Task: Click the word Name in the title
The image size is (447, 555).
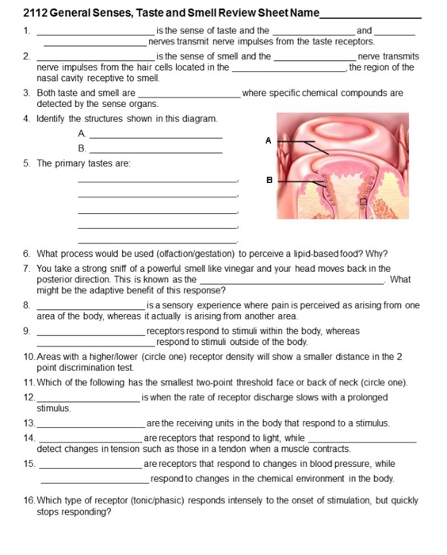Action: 304,13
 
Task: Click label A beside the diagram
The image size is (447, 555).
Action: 268,140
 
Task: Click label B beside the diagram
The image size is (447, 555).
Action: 268,180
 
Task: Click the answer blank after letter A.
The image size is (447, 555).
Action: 156,136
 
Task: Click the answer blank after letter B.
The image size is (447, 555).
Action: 156,149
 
